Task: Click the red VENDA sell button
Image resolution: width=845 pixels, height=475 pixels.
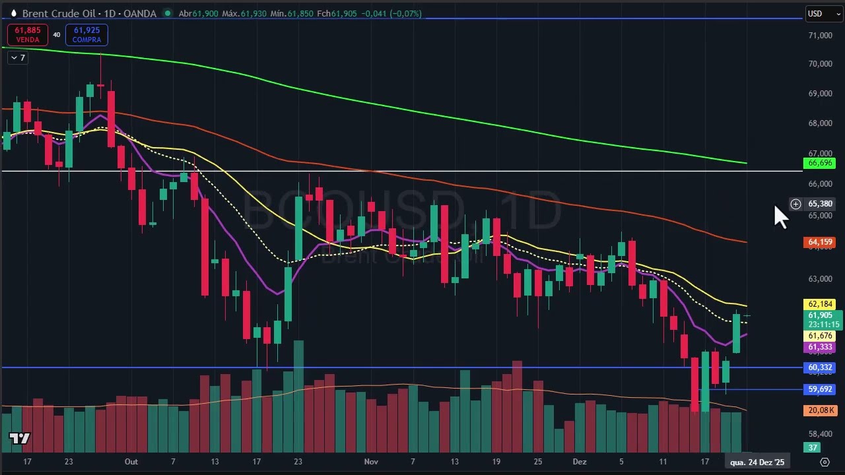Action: click(x=27, y=35)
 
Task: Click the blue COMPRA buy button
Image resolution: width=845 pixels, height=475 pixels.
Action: click(x=86, y=35)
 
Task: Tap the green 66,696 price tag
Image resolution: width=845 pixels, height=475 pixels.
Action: click(x=821, y=163)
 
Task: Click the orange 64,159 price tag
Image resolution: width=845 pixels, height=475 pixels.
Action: click(x=821, y=242)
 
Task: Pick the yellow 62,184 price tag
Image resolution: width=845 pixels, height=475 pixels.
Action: click(x=821, y=304)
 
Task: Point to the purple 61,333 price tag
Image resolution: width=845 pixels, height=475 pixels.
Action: click(x=821, y=347)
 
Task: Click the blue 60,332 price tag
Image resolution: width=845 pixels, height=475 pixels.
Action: click(x=821, y=367)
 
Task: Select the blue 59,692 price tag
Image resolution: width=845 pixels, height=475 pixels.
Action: click(x=821, y=389)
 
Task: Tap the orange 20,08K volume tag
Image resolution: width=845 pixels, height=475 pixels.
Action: click(x=821, y=410)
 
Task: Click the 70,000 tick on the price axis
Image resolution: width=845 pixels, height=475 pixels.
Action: click(x=821, y=64)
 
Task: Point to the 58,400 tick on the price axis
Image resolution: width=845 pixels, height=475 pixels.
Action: click(x=821, y=434)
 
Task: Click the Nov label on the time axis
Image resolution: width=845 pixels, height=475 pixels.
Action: click(x=371, y=462)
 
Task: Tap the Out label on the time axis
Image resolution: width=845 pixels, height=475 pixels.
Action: click(x=131, y=462)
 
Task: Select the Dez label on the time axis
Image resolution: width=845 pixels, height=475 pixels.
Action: click(x=580, y=462)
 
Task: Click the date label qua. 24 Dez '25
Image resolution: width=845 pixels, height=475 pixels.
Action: click(x=757, y=462)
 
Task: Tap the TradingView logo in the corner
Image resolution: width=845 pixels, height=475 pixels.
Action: click(x=20, y=439)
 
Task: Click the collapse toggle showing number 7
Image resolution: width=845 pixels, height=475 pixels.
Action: click(x=18, y=58)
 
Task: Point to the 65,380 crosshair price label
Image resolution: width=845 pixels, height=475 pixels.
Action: click(x=820, y=204)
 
